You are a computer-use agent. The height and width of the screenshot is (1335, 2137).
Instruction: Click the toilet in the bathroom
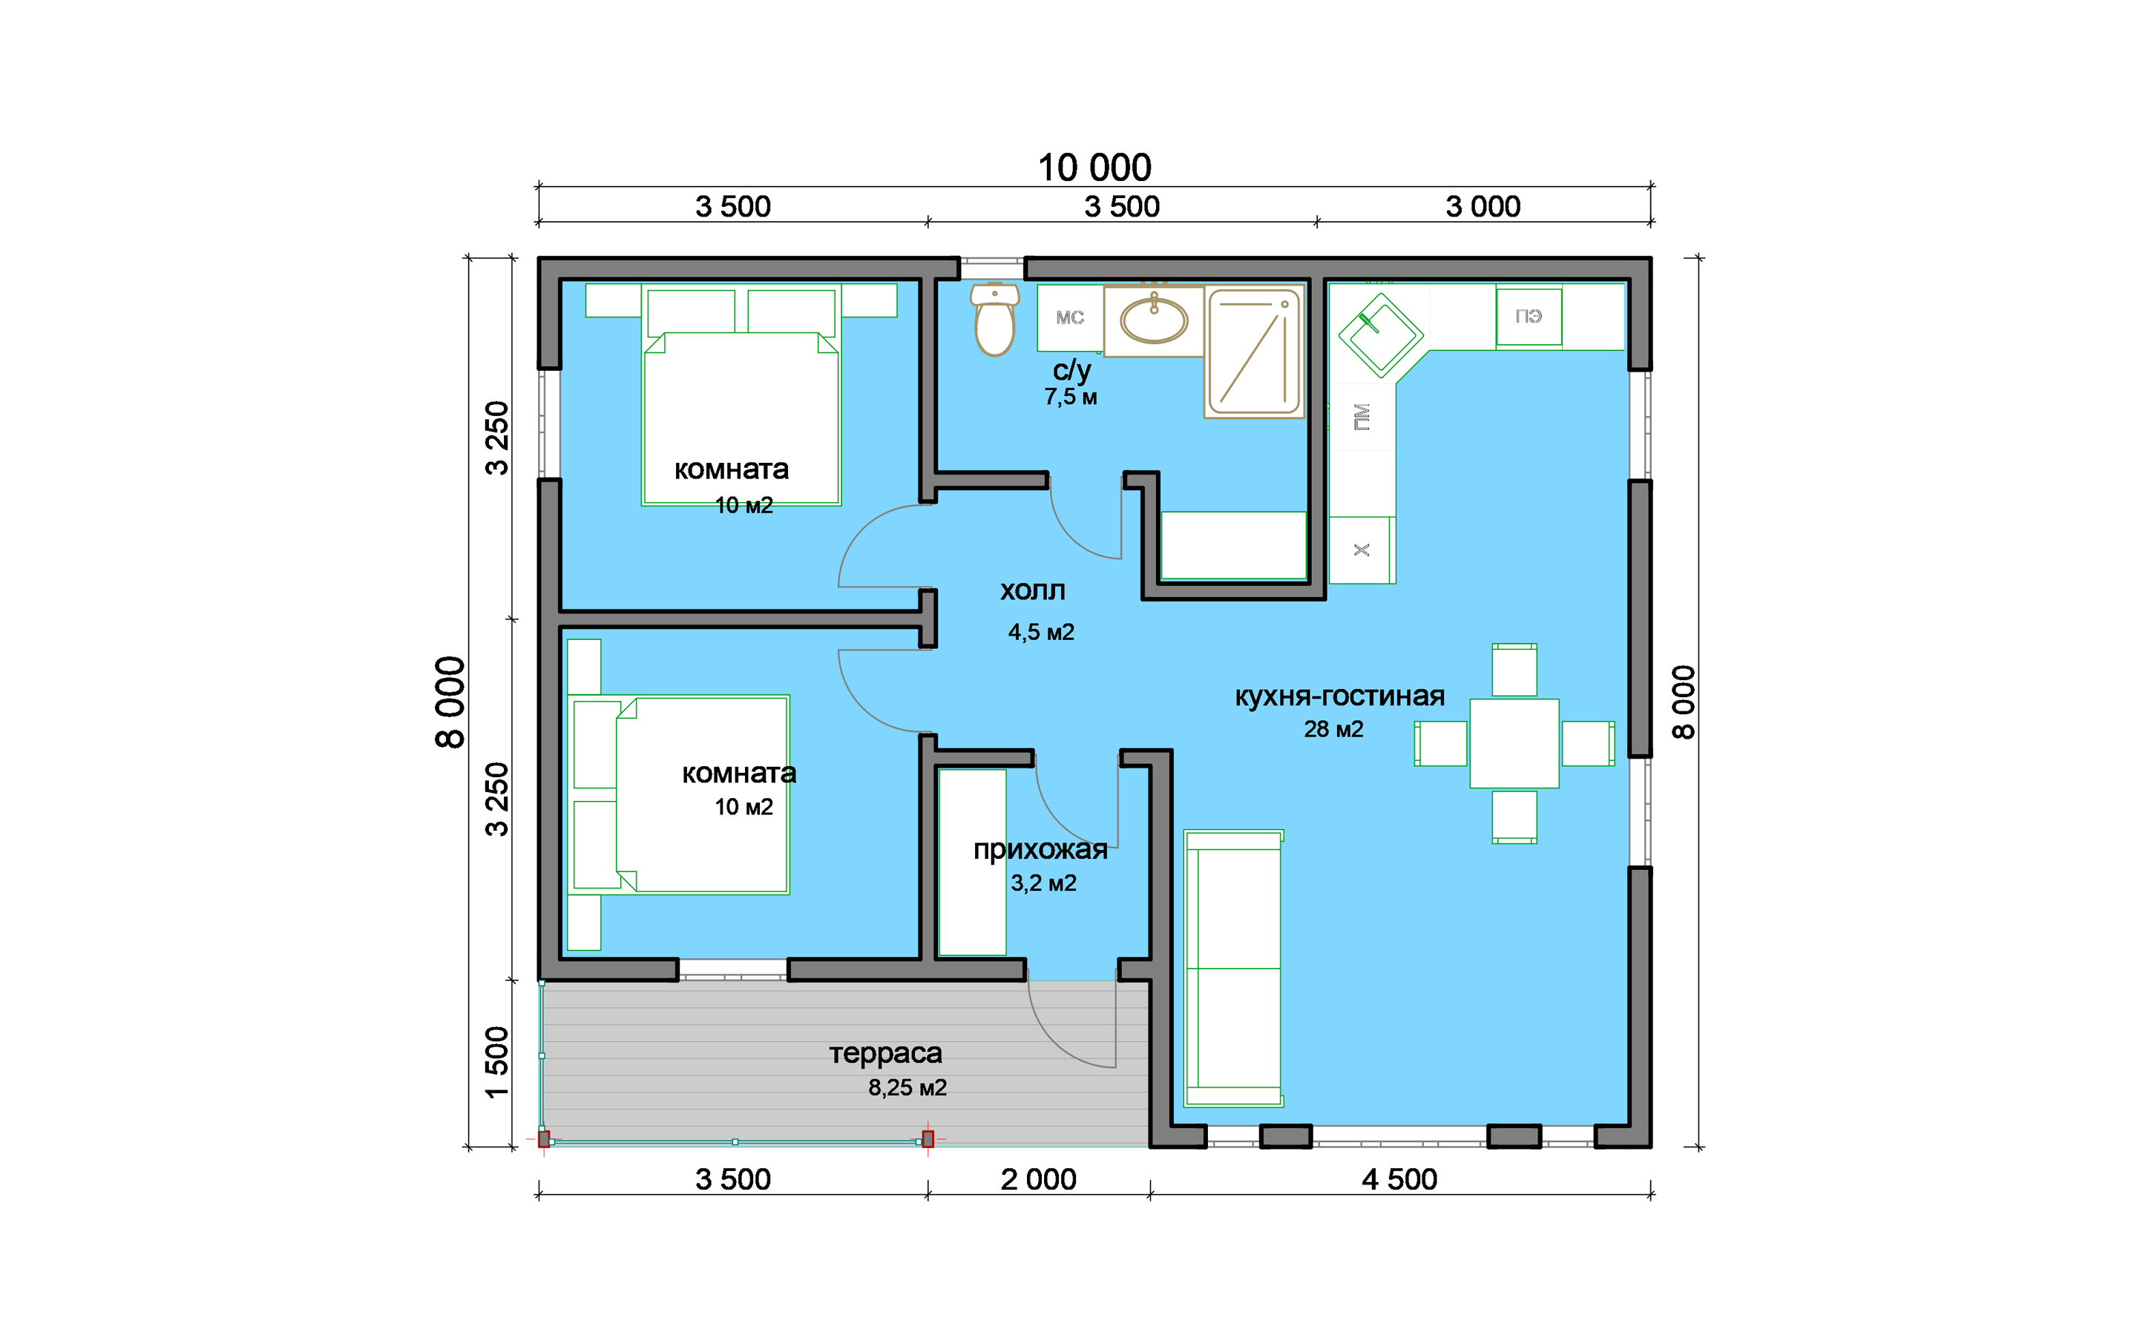[994, 319]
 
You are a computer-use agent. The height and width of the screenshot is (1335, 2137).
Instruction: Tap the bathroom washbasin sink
[1154, 320]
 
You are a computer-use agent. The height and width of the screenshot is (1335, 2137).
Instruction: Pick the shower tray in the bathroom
[1254, 352]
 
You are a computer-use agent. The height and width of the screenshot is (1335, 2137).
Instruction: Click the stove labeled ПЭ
[1529, 317]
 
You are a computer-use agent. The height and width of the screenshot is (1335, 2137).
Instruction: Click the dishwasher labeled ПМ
[1362, 417]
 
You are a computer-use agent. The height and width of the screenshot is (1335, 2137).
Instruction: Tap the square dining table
[1514, 743]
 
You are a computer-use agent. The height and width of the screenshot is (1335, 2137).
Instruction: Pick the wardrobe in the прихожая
[972, 863]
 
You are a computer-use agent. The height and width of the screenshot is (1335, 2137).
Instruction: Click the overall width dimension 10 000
[1094, 168]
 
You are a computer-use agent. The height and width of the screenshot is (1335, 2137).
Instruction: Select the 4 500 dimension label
[1399, 1179]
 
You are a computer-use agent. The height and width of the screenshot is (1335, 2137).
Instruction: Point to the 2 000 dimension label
[1039, 1179]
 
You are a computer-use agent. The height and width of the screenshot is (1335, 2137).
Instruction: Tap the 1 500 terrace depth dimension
[497, 1062]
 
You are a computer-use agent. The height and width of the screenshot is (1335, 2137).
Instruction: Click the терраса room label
[886, 1053]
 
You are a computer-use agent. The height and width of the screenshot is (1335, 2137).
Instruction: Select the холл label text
[1032, 590]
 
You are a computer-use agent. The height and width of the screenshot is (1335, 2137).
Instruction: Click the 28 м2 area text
[1333, 729]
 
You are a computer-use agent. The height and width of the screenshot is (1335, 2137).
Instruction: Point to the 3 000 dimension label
[1483, 207]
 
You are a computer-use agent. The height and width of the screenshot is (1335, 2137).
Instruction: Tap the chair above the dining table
[1514, 670]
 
